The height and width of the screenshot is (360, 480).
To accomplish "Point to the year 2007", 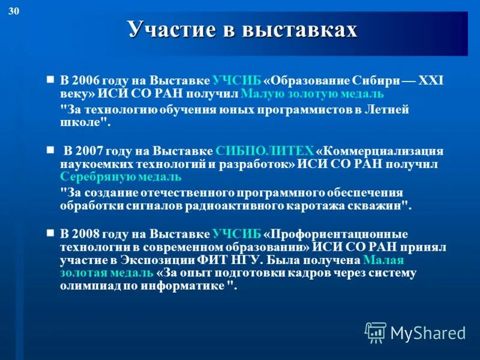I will [88, 151].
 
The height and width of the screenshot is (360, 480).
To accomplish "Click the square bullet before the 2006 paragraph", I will [50, 79].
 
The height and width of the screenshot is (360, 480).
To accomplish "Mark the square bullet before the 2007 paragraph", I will [50, 149].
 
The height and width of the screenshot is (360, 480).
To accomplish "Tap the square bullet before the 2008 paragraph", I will [50, 232].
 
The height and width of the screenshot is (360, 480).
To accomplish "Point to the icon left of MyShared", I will [376, 331].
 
